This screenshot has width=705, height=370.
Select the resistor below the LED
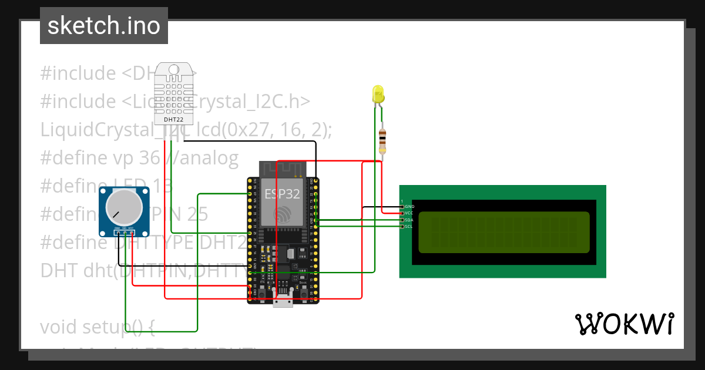tap(382, 140)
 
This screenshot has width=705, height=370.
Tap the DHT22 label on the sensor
tap(173, 120)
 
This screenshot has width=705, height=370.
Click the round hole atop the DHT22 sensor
tap(173, 69)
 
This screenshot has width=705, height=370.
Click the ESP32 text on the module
tap(282, 194)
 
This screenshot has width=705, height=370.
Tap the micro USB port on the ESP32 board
tap(283, 301)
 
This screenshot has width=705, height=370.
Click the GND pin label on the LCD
tap(409, 206)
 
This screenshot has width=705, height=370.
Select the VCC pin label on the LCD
tap(409, 213)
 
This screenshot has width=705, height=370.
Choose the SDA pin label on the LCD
tap(409, 220)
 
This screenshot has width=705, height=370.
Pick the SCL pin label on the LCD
tap(409, 226)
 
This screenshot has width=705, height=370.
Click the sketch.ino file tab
tap(104, 26)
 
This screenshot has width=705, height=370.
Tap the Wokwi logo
tap(624, 324)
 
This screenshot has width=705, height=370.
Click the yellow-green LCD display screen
tap(503, 232)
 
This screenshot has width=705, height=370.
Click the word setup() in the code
tap(126, 326)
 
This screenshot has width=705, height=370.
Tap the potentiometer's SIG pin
tap(125, 233)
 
